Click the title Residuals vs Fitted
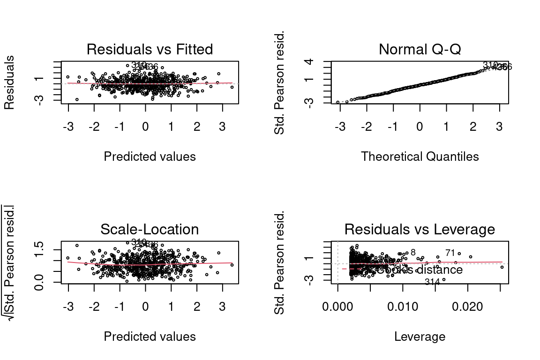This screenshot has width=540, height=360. (x=150, y=49)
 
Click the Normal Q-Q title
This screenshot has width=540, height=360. (x=420, y=49)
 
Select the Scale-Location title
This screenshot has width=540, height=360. (x=150, y=229)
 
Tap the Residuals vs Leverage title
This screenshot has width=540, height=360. (x=420, y=229)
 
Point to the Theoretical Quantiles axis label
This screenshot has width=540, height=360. (x=420, y=157)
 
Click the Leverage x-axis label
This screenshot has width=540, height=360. (x=420, y=337)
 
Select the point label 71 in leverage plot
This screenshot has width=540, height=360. (x=450, y=253)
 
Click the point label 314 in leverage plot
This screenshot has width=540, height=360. (x=432, y=282)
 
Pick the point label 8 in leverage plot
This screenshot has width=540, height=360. (x=413, y=253)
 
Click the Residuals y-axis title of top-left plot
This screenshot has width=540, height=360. (x=9, y=82)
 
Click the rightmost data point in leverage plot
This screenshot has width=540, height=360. (x=502, y=267)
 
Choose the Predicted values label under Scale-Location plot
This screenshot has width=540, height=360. (x=150, y=337)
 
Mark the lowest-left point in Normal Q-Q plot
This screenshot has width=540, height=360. (x=337, y=102)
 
